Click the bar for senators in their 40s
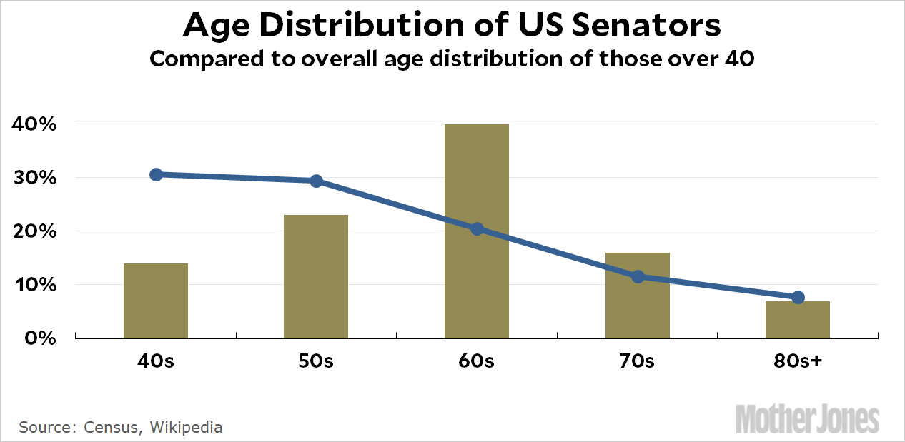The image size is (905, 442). coord(156,301)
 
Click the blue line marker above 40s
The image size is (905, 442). coord(156,174)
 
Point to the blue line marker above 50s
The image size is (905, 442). coord(316,181)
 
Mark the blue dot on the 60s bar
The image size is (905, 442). coord(477,228)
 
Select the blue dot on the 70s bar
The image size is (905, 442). coord(638,276)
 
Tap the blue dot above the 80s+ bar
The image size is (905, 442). coord(798,297)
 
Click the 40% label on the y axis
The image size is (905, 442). coord(34,124)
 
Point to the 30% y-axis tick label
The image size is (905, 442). coord(34,178)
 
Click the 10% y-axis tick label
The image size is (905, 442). coord(34,285)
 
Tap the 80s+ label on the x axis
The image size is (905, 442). coord(798,361)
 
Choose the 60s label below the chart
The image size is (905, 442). coord(477,361)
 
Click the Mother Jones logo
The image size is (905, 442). coord(808,418)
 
